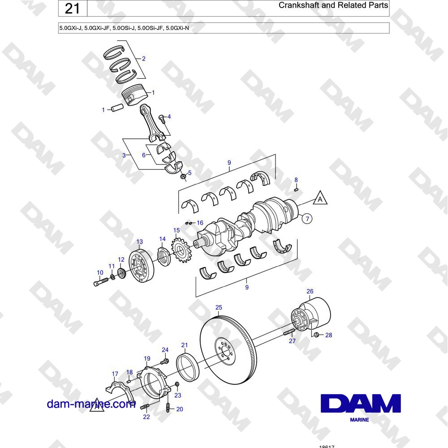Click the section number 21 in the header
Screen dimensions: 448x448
[x=72, y=8]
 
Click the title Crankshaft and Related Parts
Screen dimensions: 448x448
[x=333, y=5]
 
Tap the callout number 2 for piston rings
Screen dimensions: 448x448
[x=144, y=59]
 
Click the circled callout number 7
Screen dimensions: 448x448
[x=307, y=219]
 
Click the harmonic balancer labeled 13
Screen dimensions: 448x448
[x=142, y=266]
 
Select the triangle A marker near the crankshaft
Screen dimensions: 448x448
[x=320, y=198]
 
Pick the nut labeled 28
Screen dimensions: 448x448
[x=316, y=335]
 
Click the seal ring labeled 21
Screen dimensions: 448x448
[x=187, y=367]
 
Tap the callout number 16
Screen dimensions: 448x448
[x=200, y=223]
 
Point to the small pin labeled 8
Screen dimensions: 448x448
[x=296, y=189]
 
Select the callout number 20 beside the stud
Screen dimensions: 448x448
[x=180, y=409]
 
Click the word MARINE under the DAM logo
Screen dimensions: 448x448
[x=359, y=420]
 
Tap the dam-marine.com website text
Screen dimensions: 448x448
[x=91, y=404]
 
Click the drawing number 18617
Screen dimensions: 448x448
[x=327, y=447]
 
